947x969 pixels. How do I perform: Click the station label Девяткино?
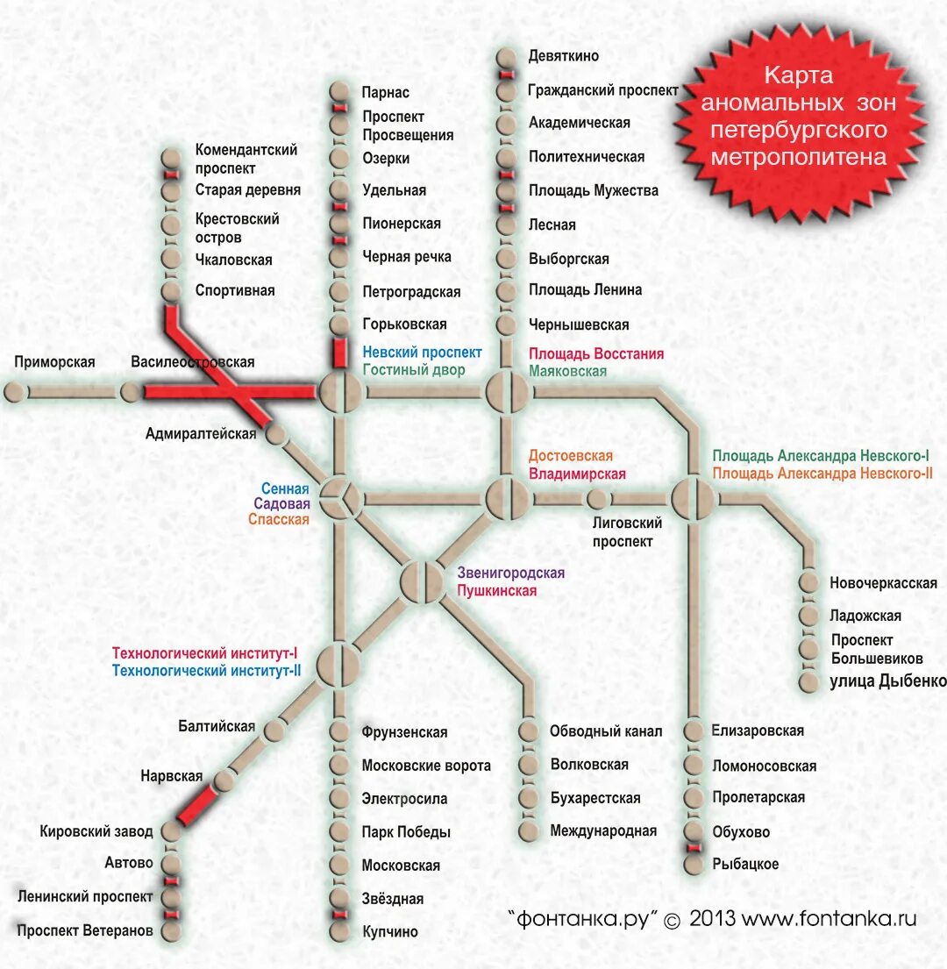click(563, 56)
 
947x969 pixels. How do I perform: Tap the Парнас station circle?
click(339, 91)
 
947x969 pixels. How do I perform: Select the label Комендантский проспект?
click(246, 159)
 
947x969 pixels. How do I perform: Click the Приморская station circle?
click(15, 392)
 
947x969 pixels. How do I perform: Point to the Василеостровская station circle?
click(130, 392)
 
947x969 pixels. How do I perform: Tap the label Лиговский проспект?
click(626, 531)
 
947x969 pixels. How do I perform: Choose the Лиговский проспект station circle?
click(597, 499)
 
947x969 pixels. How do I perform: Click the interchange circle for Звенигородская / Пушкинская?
click(423, 581)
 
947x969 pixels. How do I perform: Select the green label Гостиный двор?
click(414, 370)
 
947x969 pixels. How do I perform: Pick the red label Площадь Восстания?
click(595, 354)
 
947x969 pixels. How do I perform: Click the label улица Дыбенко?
click(887, 681)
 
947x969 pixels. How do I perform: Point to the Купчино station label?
click(390, 931)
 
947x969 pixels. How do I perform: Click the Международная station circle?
click(528, 830)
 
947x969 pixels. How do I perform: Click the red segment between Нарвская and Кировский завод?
click(196, 806)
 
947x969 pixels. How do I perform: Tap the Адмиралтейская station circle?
click(277, 433)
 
